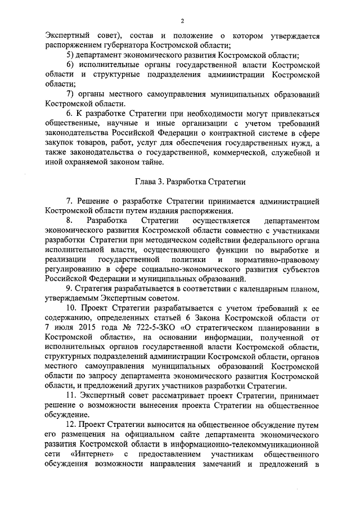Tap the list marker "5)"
click(x=71, y=55)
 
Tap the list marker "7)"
click(x=71, y=93)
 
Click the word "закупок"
click(x=61, y=143)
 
